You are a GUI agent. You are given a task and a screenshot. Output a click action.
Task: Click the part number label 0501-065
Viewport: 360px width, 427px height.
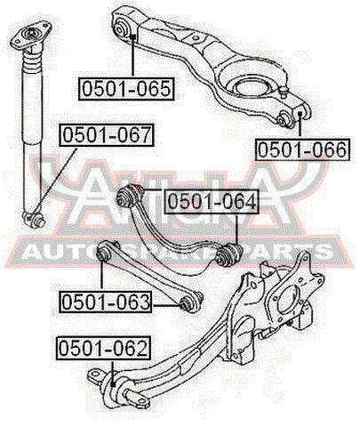[x=126, y=88]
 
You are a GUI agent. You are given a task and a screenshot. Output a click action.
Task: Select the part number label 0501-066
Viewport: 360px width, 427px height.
[x=302, y=149]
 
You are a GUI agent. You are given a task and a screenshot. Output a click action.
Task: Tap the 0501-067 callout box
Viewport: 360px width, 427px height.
[x=107, y=135]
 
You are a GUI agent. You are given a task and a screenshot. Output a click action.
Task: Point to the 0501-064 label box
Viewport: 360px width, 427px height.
[x=212, y=202]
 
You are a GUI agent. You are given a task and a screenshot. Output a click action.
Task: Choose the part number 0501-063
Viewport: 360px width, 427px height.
[x=106, y=302]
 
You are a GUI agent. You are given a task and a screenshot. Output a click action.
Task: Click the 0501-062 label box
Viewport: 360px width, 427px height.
[x=103, y=349]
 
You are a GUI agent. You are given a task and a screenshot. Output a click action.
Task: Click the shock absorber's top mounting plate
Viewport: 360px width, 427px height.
[x=31, y=36]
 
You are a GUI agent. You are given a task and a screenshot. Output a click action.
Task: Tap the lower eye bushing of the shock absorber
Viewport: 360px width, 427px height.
[x=34, y=220]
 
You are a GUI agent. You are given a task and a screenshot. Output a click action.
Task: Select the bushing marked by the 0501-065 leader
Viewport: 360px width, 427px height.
[x=122, y=28]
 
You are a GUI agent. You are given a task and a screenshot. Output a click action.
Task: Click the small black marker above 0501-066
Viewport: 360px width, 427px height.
[x=300, y=114]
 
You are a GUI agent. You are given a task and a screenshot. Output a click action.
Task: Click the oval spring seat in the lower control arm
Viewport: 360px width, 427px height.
[x=252, y=87]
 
